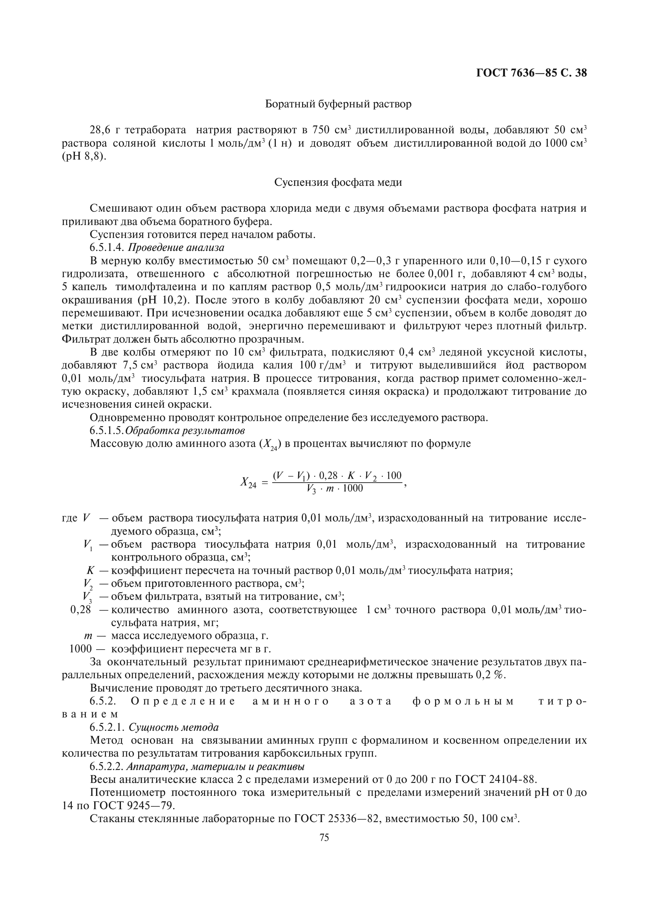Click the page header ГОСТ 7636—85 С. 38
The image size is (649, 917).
532,73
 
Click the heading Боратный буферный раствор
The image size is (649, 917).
338,105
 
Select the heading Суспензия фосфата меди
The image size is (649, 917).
338,183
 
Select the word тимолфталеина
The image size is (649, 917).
154,287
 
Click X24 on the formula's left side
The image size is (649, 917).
248,483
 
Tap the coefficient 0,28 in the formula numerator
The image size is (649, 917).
328,476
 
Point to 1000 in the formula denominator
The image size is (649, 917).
353,489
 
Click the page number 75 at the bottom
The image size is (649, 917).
324,838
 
